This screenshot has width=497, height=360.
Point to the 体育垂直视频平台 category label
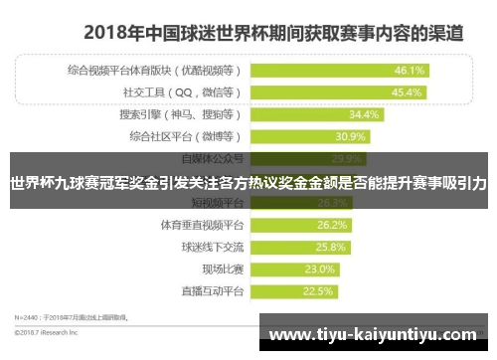(x=202, y=225)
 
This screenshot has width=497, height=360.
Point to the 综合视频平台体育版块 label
(x=180, y=71)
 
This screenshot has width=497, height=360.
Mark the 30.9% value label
(x=352, y=136)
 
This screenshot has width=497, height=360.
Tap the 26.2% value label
(x=333, y=225)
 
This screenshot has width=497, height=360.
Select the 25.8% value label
(x=331, y=247)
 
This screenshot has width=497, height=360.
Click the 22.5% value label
(x=317, y=291)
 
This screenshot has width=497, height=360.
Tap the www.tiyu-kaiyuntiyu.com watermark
(x=377, y=335)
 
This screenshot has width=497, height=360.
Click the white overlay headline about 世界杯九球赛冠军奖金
(x=248, y=183)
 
